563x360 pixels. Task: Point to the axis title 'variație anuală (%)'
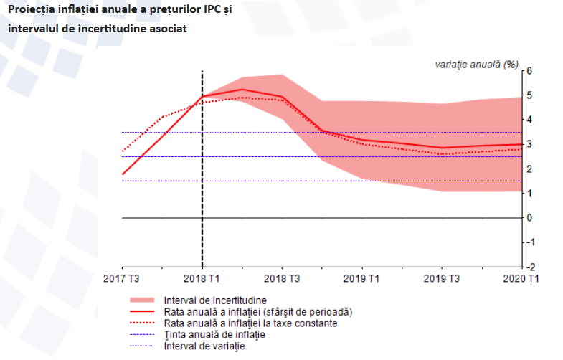click(x=476, y=64)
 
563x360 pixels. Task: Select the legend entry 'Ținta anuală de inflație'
click(x=214, y=335)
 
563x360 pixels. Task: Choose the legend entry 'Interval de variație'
click(x=204, y=346)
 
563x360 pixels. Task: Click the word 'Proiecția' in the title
click(x=34, y=9)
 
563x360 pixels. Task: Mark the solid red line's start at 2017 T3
click(x=123, y=174)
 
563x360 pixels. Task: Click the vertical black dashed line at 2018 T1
click(x=202, y=179)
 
